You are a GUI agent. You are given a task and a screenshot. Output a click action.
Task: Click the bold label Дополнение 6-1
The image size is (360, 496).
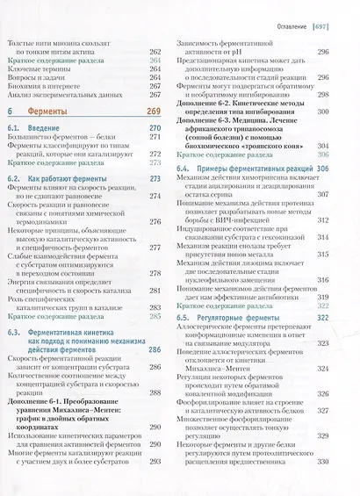click(x=48, y=410)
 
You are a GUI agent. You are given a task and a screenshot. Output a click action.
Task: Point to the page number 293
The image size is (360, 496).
click(x=156, y=485)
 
